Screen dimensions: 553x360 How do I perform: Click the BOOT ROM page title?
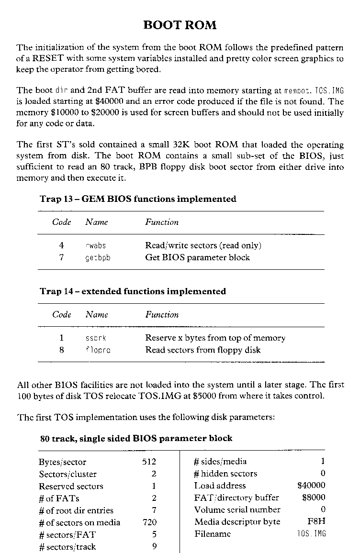pos(180,25)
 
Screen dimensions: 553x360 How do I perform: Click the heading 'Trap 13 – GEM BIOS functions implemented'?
pos(138,199)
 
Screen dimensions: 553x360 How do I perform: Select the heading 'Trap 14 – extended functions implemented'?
pos(133,291)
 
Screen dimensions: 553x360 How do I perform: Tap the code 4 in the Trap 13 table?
pos(61,245)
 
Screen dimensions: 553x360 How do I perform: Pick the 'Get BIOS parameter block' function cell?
pos(197,257)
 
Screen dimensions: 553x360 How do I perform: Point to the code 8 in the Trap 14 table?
pos(61,350)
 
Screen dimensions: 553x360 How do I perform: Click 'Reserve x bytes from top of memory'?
pos(215,338)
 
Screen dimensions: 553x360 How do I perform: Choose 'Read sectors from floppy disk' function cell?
pos(202,350)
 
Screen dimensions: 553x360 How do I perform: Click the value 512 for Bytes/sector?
pos(149,462)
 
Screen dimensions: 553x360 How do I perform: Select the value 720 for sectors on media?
pos(149,522)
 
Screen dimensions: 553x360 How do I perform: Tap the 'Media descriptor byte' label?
pos(237,521)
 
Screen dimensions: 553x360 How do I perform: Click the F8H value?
pos(316,521)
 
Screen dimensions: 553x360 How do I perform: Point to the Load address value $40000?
pos(311,486)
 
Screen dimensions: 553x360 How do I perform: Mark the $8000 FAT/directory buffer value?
pos(314,498)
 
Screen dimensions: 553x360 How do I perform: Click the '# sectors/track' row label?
pos(67,547)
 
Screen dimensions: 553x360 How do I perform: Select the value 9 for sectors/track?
pos(154,547)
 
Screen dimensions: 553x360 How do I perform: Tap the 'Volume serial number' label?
pos(237,509)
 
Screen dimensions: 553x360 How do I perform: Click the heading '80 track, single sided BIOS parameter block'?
pos(136,438)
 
